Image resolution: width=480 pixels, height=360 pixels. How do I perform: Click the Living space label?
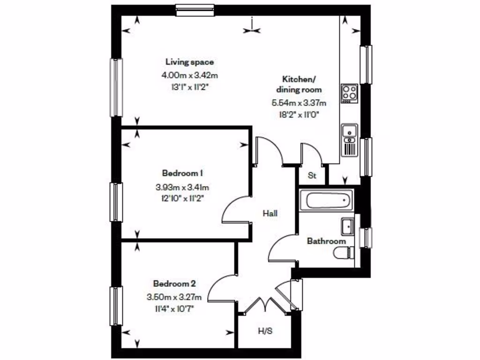189,62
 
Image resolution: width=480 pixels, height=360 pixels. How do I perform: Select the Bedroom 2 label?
174,284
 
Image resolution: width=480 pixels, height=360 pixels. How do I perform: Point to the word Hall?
270,214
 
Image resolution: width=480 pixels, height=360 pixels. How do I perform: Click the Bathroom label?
326,241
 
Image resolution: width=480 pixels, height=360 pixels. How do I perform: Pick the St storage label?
312,176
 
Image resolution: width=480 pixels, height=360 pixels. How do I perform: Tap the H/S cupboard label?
265,331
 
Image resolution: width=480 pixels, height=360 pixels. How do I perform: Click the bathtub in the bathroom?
329,201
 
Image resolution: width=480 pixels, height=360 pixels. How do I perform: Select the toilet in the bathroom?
345,253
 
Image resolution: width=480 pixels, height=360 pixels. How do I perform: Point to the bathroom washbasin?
348,226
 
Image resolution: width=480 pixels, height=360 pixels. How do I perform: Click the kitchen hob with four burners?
349,93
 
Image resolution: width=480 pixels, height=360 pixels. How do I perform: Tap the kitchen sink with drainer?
350,140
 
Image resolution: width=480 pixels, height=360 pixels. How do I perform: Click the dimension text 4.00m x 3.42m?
189,75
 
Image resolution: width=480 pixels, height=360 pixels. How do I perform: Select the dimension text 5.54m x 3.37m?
299,103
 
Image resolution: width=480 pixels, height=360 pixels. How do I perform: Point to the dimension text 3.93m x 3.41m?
182,187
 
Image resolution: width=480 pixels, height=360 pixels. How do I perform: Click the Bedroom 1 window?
116,202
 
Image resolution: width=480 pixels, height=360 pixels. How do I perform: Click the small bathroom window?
365,238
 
